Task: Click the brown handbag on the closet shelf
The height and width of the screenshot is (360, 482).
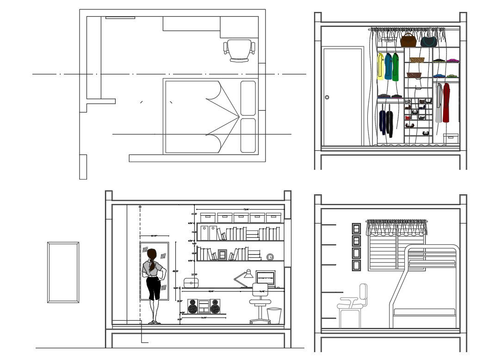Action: (408, 41)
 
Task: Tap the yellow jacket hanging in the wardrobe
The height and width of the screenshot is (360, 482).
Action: (380, 66)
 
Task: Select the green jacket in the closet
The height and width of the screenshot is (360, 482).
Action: (395, 68)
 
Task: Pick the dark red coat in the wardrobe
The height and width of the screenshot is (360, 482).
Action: (446, 103)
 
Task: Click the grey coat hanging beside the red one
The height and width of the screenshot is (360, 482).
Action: (439, 104)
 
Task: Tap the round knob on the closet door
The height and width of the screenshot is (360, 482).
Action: (327, 97)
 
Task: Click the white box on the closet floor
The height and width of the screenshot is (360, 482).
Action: (451, 138)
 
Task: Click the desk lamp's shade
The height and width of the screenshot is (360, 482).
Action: (248, 274)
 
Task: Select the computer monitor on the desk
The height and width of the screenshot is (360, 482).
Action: (265, 279)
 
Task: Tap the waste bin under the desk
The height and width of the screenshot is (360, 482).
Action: (274, 316)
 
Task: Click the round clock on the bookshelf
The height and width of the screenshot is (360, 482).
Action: (270, 257)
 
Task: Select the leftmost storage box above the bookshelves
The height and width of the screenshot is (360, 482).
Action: (208, 217)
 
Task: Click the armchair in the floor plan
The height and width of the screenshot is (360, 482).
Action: (239, 49)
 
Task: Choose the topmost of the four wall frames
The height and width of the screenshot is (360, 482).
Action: (356, 229)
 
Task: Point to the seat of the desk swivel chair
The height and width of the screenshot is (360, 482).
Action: (260, 302)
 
